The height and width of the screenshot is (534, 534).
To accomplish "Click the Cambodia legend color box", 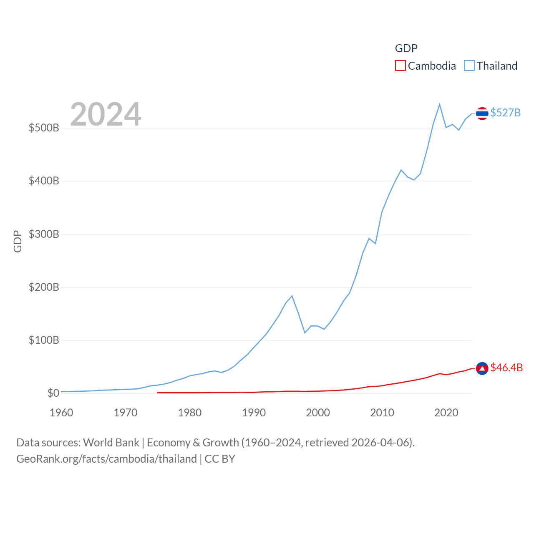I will [x=400, y=65].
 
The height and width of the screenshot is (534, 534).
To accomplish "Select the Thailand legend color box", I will [x=469, y=65].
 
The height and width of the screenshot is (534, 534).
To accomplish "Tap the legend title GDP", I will [x=406, y=48].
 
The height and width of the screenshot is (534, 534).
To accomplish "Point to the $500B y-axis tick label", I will [x=44, y=128].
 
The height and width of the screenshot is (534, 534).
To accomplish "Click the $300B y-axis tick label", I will [x=44, y=234].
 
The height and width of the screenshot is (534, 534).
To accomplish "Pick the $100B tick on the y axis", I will [x=44, y=340].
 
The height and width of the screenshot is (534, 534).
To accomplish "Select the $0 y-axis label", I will [x=53, y=393].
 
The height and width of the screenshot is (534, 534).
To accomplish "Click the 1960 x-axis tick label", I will [x=61, y=413].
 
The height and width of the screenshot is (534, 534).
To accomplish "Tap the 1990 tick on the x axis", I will [x=254, y=413].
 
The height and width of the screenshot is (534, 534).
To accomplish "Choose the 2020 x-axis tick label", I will [x=446, y=413].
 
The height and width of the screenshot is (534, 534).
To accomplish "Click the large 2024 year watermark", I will [x=106, y=114].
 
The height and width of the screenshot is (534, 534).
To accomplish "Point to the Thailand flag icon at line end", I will [x=482, y=113].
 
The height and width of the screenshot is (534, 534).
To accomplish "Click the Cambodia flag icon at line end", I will [x=482, y=368].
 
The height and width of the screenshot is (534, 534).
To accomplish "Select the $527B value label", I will [x=505, y=113].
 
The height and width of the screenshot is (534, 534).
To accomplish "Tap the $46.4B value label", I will [x=506, y=368].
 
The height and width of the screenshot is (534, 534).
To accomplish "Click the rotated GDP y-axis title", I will [x=18, y=241].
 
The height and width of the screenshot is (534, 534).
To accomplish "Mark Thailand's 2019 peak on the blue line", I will [x=440, y=104].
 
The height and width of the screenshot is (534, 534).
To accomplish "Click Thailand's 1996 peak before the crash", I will [x=292, y=296].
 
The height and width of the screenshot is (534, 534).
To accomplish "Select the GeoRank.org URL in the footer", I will [x=106, y=459].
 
